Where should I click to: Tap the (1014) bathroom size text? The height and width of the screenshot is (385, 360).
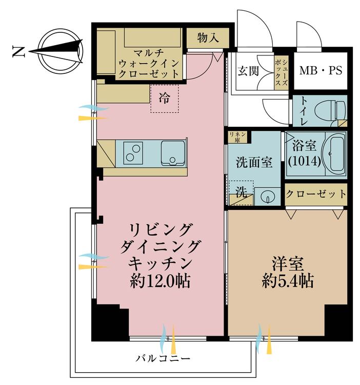point(304,161)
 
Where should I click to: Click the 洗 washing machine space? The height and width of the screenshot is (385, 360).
point(241,192)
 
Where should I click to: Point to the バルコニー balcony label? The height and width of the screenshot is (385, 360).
point(164,357)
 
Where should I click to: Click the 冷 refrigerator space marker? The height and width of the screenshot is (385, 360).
point(165,98)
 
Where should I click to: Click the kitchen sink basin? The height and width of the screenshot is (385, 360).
point(173,152)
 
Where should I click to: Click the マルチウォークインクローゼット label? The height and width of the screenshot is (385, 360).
point(149,63)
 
